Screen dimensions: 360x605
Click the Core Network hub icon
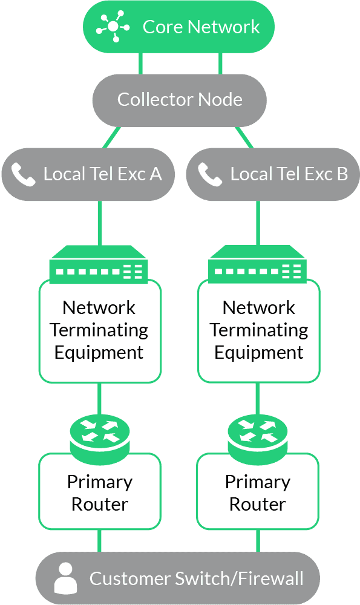(x=113, y=26)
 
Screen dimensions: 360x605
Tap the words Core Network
(x=201, y=27)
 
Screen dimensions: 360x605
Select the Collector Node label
(x=180, y=100)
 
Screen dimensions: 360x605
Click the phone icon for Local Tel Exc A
(x=23, y=174)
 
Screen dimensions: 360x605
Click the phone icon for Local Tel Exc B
(x=210, y=174)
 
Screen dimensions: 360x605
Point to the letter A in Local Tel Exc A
(x=156, y=174)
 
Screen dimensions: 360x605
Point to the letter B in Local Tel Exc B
(x=342, y=174)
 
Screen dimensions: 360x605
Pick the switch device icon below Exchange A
(x=99, y=264)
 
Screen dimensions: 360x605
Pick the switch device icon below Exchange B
(x=257, y=264)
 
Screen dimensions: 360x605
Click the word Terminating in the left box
(x=99, y=330)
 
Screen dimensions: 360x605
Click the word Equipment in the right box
(x=259, y=353)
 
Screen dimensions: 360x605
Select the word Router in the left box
(x=100, y=505)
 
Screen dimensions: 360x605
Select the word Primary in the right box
(x=258, y=482)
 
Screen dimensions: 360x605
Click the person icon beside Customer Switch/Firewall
(x=65, y=578)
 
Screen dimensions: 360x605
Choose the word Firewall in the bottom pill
(x=270, y=578)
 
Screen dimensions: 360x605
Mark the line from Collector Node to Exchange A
(x=111, y=137)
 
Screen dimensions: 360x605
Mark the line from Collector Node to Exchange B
(x=244, y=137)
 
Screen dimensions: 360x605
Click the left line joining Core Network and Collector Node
(x=140, y=64)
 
